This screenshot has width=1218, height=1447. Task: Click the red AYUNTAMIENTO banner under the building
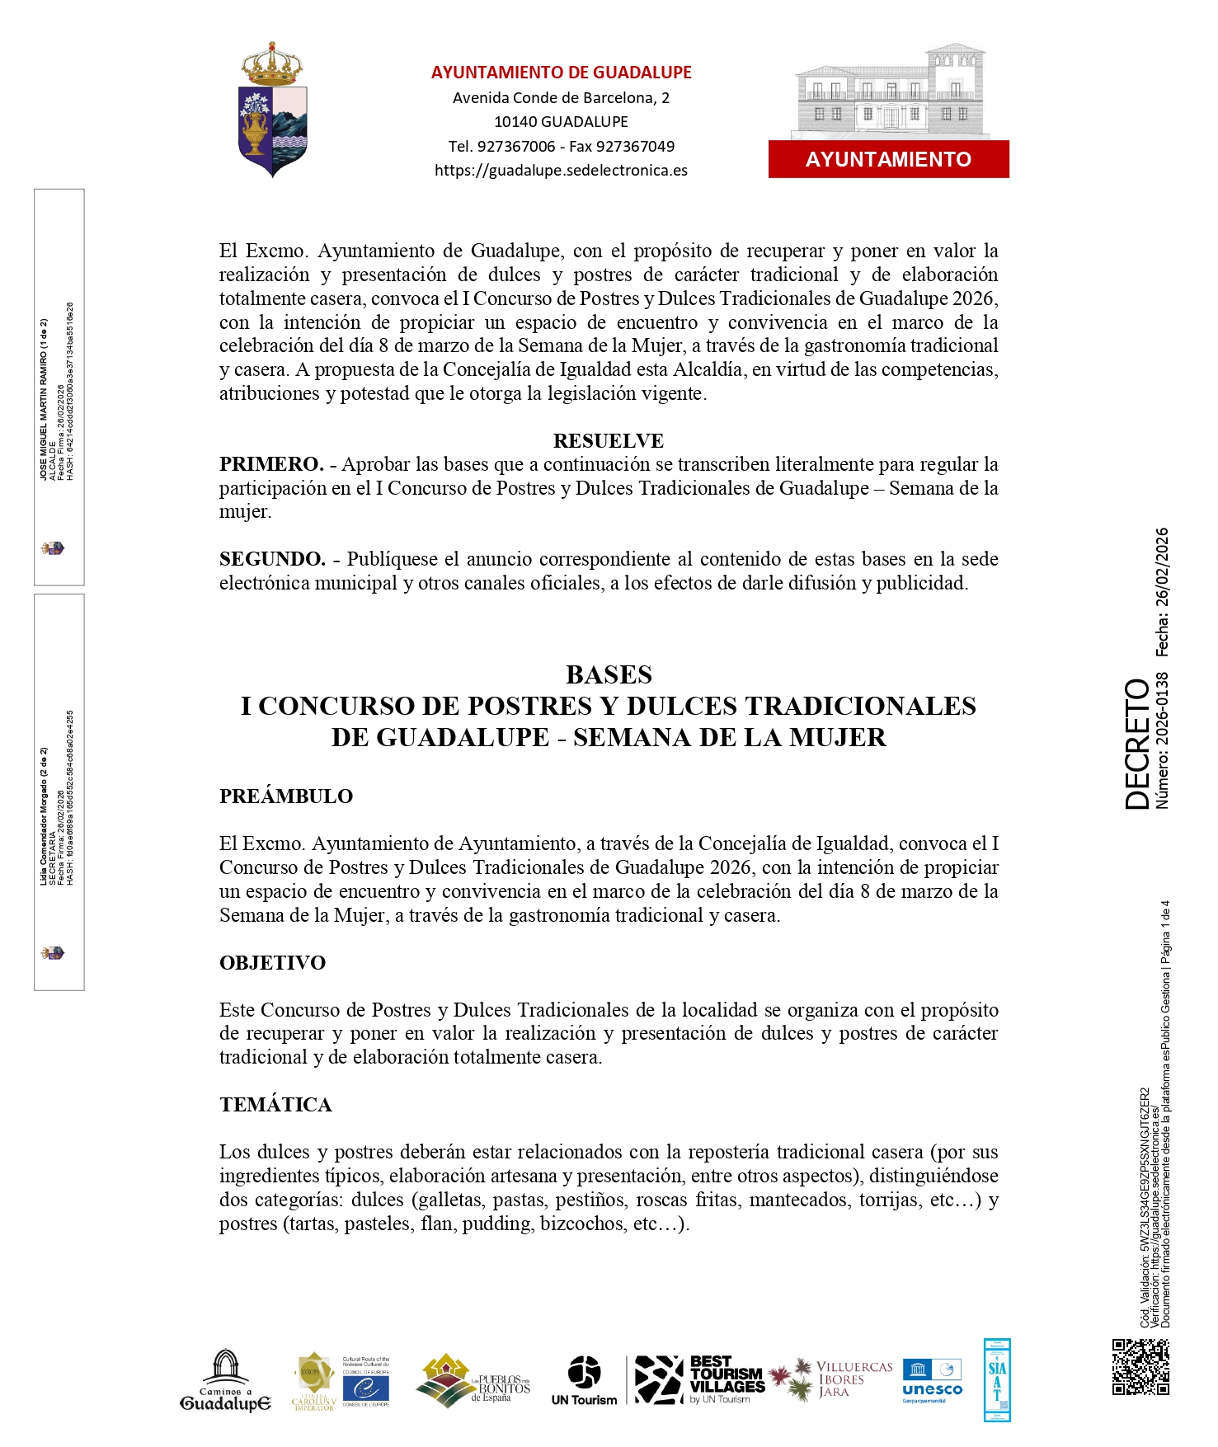click(888, 159)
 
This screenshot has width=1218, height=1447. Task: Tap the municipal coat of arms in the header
click(272, 110)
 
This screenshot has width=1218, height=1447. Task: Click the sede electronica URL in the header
click(561, 171)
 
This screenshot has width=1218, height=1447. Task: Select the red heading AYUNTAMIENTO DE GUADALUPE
click(561, 73)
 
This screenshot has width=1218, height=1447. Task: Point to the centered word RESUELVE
click(608, 441)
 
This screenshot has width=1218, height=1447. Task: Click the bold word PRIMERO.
click(270, 464)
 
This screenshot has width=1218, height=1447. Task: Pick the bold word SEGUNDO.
click(272, 559)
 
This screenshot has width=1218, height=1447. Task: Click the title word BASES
click(609, 674)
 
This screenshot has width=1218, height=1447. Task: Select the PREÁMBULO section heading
click(285, 796)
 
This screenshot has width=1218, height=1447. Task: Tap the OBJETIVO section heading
click(272, 963)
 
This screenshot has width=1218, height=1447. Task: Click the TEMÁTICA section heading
click(275, 1105)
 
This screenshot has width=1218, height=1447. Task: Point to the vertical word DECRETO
click(1137, 744)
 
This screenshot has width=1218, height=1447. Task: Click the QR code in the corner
click(1140, 1366)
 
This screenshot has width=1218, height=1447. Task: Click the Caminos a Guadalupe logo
click(225, 1381)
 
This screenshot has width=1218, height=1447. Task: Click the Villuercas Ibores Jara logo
click(833, 1379)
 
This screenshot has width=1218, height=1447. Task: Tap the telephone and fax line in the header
click(561, 147)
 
